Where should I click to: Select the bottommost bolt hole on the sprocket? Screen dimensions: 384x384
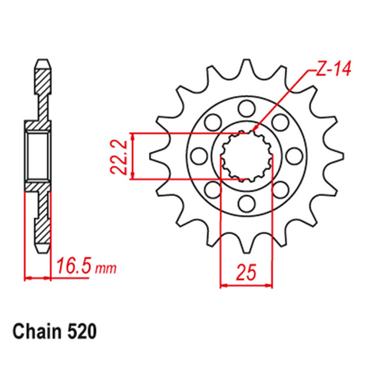[x=246, y=204]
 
